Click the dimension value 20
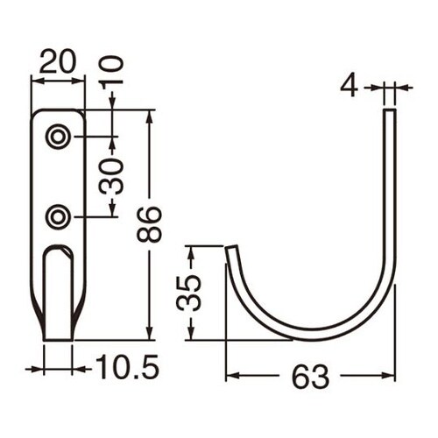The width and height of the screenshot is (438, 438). (58, 61)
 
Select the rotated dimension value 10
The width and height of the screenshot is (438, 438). (111, 71)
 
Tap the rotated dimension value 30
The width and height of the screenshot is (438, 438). (111, 177)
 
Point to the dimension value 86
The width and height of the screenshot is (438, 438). (149, 224)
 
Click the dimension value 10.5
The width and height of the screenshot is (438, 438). (127, 367)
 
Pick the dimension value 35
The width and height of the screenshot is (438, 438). (189, 293)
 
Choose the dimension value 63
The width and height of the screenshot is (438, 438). (310, 377)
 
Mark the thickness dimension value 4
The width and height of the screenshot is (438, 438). (350, 87)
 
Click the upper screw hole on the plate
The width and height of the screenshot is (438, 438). (59, 137)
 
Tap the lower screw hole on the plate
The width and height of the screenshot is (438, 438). (59, 217)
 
